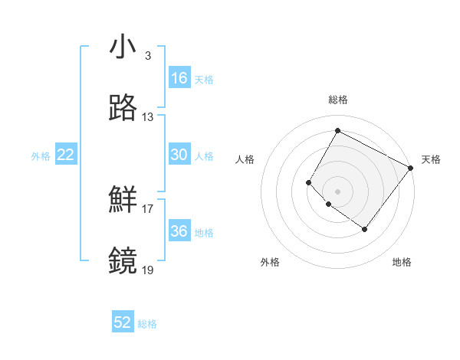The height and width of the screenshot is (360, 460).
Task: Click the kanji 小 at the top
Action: pos(123,47)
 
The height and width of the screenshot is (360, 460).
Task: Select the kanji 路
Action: pos(123,108)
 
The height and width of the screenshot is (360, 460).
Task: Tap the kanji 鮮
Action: pos(123,200)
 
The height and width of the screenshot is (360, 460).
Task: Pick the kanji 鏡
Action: pos(123,261)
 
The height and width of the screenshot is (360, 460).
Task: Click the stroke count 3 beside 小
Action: pos(147,56)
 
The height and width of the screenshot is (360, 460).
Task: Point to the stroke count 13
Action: pos(147,117)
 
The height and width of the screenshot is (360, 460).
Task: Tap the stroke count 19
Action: pos(147,270)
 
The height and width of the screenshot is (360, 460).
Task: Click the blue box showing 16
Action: pos(179,78)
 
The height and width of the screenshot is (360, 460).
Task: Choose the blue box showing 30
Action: pos(179,155)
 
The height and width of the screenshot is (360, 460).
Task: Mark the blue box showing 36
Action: pos(179,231)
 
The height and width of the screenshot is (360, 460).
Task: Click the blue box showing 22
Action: pos(66,155)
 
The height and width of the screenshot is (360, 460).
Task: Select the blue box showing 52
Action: pos(123,322)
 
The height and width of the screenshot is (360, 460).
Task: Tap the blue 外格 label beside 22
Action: pos(41,156)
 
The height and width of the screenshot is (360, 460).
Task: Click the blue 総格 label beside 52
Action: pos(148,324)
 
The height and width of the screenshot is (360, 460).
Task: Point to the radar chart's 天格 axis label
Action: pos(432,159)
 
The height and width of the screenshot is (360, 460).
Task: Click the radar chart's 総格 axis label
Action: pos(338,100)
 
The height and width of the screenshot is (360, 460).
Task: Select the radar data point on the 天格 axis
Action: pos(411,168)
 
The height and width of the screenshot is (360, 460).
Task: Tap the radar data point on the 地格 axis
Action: pos(365,229)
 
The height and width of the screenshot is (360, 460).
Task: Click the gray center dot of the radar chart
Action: pos(338,191)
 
